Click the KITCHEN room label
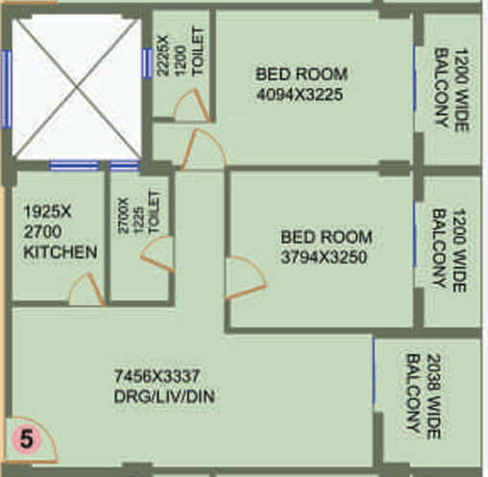point(60,253)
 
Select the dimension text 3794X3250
point(326,256)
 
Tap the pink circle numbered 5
point(27,440)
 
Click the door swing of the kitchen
point(85,291)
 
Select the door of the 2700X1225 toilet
point(154,250)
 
